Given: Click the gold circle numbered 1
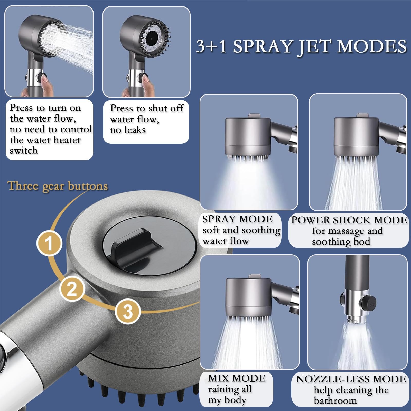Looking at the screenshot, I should tap(49, 243).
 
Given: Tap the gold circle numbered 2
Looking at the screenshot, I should tap(72, 288).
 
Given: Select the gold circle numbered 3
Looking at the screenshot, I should tap(128, 311).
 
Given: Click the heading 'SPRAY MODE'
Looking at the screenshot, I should tap(237, 219).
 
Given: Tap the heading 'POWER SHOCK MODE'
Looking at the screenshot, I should tap(349, 220).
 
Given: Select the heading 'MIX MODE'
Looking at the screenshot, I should tap(237, 378).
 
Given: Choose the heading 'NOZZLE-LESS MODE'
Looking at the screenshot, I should tap(351, 379).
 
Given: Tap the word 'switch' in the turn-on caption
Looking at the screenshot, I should tap(24, 151).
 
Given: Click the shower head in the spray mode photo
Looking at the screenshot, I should tap(248, 136).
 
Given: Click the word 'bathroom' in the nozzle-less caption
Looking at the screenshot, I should tap(335, 400).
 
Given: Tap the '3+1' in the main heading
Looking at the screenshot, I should tap(211, 46).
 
